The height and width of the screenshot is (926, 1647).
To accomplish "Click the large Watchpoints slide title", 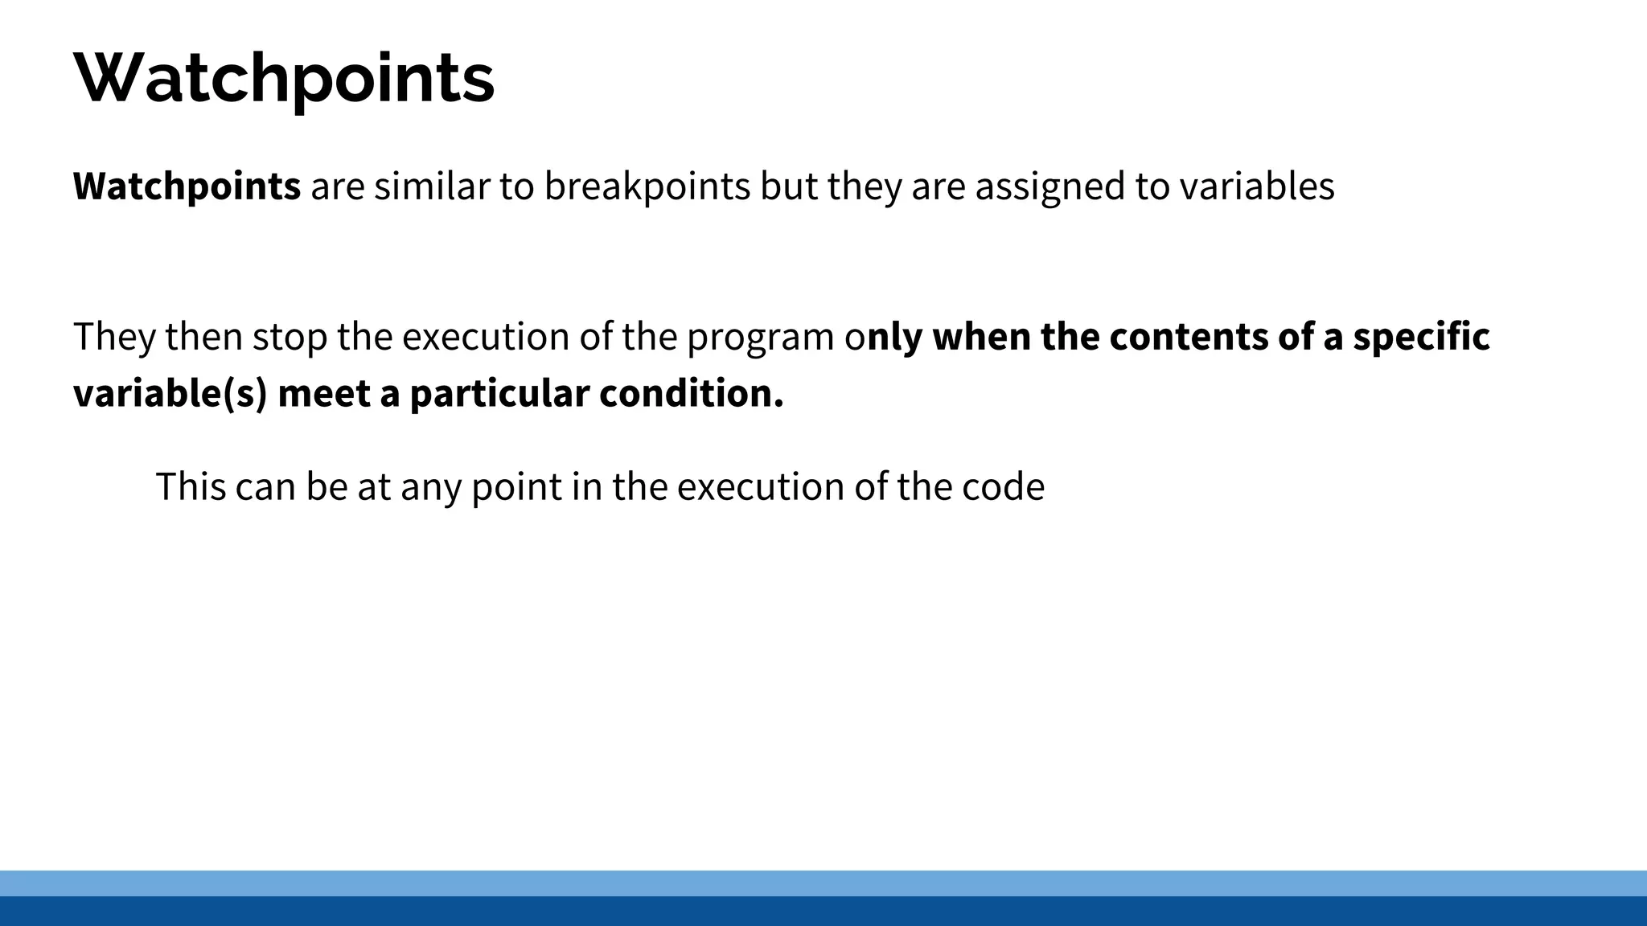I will (x=284, y=79).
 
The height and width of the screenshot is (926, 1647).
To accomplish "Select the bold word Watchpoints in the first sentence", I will (x=187, y=186).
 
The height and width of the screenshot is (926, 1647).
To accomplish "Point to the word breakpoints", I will (x=647, y=186).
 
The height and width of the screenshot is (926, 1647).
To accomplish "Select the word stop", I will (x=290, y=337).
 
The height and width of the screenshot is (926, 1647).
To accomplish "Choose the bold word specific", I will (x=1421, y=337).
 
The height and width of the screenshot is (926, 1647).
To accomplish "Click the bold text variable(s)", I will (x=170, y=394).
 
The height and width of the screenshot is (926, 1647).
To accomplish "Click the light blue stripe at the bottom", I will (x=823, y=883).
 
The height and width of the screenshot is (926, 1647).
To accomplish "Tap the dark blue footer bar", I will (x=823, y=912).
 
